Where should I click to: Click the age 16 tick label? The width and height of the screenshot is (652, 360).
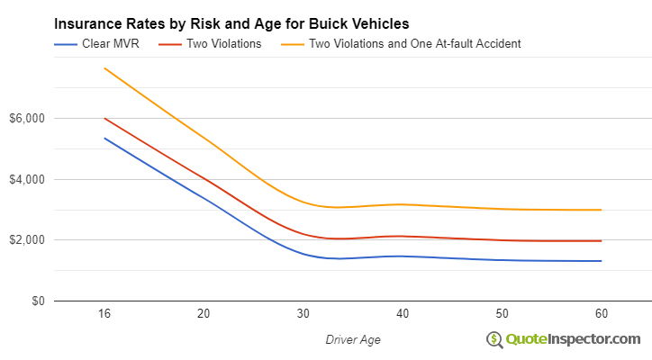pos(105,313)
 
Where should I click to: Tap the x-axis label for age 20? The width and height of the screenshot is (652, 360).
pos(204,313)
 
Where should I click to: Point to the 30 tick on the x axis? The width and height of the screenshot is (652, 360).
pos(303,313)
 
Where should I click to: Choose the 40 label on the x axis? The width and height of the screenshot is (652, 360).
pos(403,313)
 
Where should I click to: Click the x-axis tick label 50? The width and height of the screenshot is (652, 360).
pos(502,313)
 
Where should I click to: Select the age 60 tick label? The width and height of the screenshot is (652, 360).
pos(601,313)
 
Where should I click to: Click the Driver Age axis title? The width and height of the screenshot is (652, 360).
pos(352,338)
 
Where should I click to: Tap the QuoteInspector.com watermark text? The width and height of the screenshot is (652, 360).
pos(574,338)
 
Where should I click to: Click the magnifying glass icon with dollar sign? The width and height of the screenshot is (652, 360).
pos(494,339)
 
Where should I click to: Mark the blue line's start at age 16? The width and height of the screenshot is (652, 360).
pos(105,139)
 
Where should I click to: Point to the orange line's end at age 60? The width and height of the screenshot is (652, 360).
pos(601,210)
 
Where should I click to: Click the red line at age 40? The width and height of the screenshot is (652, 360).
pos(403,236)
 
